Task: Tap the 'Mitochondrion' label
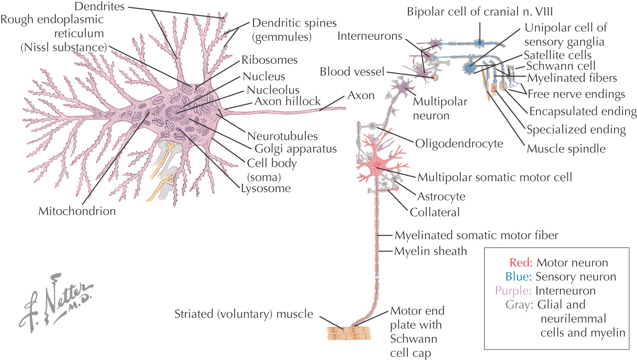[x=77, y=211]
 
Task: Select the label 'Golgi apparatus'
[x=295, y=148]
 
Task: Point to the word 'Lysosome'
[x=265, y=188]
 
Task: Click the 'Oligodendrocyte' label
[x=459, y=143]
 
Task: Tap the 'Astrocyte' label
[x=441, y=197]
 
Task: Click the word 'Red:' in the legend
[x=521, y=262]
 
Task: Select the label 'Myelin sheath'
[x=430, y=251]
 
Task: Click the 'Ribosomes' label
[x=269, y=60]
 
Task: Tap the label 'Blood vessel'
[x=352, y=72]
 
